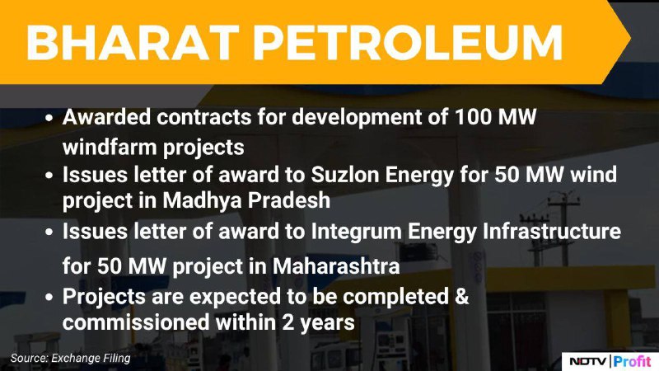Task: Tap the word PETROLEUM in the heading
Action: tap(408, 43)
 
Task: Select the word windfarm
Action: tap(109, 147)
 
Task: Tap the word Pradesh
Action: tap(289, 200)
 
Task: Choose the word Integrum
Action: tap(356, 231)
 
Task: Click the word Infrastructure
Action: tap(551, 231)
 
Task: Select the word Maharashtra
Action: tap(336, 265)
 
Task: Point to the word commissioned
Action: tap(136, 322)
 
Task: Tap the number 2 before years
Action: tap(287, 322)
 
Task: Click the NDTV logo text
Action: tap(587, 361)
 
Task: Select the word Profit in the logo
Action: tap(632, 361)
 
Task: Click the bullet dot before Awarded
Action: tap(49, 118)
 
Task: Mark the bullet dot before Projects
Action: tap(49, 298)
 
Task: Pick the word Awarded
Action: tap(106, 116)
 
